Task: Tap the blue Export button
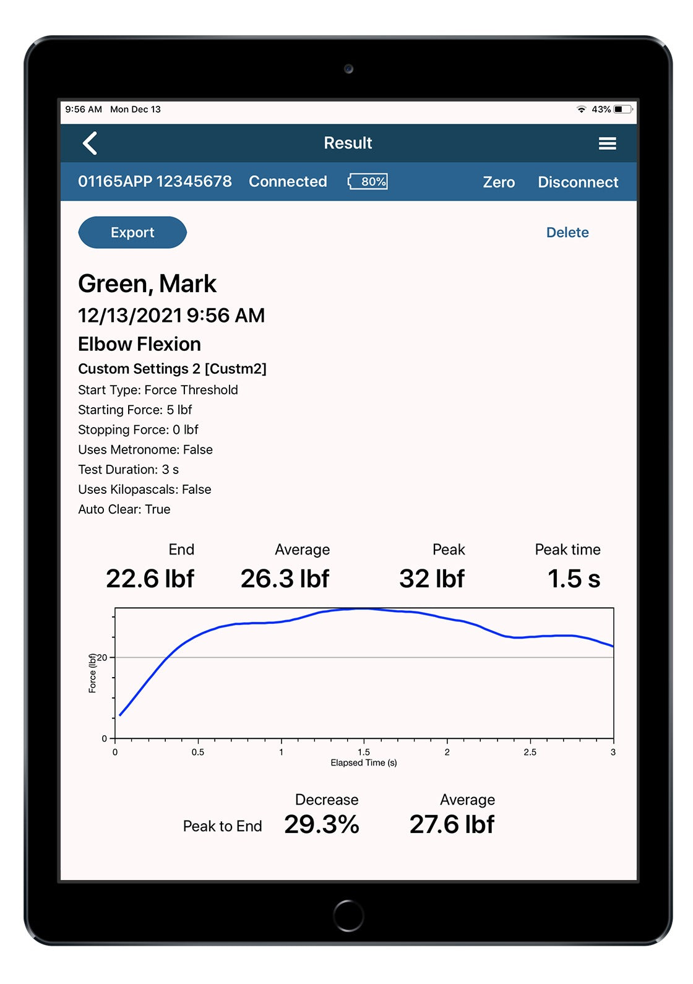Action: point(132,233)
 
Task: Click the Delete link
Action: point(567,233)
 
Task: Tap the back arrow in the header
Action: point(90,144)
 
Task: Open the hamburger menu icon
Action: point(607,144)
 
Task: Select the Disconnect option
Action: point(577,182)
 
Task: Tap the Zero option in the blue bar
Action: point(499,182)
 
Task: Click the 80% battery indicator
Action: point(369,181)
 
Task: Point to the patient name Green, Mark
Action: point(147,284)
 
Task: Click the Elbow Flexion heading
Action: point(139,344)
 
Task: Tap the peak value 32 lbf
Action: point(432,579)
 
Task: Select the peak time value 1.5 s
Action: point(574,579)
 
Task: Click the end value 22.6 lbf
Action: point(150,579)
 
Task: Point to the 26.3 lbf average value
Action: point(285,579)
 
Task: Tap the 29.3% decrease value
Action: point(322,824)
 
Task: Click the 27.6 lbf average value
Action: point(452,824)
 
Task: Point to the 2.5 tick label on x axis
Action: point(530,753)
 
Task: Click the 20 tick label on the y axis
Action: point(102,657)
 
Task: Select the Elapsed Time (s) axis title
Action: point(364,763)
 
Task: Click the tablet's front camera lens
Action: point(349,69)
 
